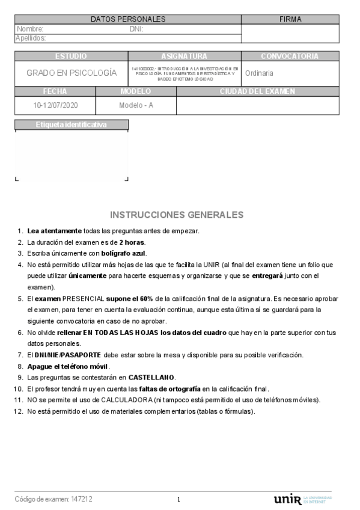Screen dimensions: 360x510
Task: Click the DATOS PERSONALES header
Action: click(128, 19)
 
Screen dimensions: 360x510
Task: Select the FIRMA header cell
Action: click(290, 19)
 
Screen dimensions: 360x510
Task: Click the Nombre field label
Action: click(31, 29)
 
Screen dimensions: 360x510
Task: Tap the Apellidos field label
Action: click(31, 38)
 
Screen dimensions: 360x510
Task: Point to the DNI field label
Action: click(136, 29)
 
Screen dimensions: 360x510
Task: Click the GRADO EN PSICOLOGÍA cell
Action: click(72, 73)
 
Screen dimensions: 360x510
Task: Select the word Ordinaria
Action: click(259, 73)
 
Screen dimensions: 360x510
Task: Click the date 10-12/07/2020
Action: click(55, 105)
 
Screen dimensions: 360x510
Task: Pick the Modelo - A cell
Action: click(136, 105)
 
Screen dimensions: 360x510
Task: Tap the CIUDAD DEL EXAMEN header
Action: click(257, 91)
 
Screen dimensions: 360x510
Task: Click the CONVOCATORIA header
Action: click(290, 57)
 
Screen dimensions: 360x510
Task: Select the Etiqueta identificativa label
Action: click(71, 124)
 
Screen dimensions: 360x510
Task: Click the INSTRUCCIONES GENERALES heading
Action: click(177, 215)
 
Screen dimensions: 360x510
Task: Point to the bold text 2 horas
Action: click(132, 242)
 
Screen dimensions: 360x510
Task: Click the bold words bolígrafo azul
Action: click(123, 253)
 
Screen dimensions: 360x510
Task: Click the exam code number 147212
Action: click(81, 499)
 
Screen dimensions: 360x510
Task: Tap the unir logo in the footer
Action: click(288, 499)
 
